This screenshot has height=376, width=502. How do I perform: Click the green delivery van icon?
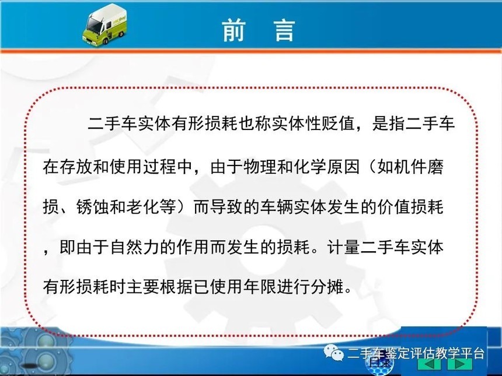click(104, 24)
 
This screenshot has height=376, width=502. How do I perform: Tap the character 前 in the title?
click(233, 30)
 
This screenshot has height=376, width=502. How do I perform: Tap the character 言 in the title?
click(285, 30)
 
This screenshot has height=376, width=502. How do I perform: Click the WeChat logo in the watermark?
click(333, 352)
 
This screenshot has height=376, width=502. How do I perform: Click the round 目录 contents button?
click(380, 364)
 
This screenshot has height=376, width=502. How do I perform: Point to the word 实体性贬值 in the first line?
click(313, 124)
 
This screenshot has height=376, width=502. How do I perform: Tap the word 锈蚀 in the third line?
click(93, 207)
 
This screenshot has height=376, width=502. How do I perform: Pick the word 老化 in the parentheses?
click(143, 207)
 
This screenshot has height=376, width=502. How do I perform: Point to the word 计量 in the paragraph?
click(343, 247)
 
